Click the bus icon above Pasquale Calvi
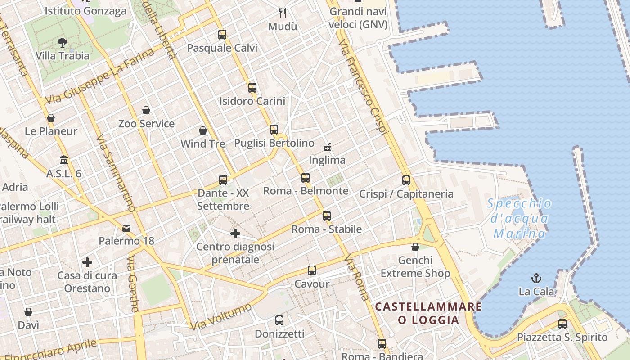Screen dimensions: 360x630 point(222,34)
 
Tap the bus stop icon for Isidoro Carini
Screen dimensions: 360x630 point(252,87)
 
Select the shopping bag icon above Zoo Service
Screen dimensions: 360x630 point(146,110)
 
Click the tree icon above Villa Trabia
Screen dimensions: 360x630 point(63,43)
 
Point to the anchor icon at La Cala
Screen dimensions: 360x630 point(536,278)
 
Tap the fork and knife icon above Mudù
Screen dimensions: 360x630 point(283,13)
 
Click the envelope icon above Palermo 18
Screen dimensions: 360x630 point(126,228)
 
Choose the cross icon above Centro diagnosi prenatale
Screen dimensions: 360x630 point(235,234)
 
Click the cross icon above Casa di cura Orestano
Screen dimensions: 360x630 point(87,262)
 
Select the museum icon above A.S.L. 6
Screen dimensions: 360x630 point(64,160)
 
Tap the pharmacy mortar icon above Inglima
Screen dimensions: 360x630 point(327,147)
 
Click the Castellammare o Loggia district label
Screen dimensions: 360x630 point(428,313)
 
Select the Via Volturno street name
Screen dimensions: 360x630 point(221,316)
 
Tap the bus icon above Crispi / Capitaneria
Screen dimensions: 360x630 point(406,180)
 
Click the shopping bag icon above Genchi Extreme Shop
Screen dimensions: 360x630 point(415,247)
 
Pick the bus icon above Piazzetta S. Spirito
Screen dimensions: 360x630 point(562,324)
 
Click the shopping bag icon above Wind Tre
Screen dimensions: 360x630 point(203,130)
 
